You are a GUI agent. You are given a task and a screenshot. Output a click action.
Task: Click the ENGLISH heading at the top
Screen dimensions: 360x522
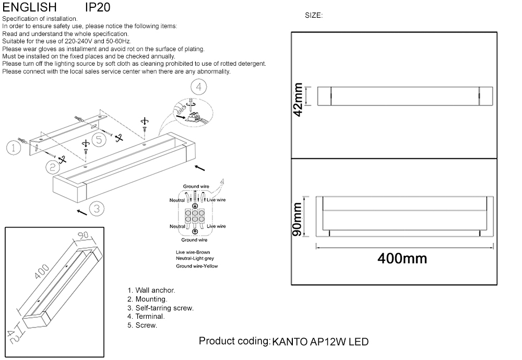(30, 7)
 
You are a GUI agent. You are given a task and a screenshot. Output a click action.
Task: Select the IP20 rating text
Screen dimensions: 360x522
(97, 7)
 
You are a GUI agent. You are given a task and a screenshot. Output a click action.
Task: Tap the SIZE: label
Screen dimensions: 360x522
(314, 16)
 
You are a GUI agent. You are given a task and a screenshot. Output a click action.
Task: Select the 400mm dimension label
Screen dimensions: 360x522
(402, 258)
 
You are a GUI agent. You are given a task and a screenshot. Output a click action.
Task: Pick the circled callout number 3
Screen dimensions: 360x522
(96, 209)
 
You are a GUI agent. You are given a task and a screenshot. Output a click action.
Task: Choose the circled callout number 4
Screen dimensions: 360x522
(199, 87)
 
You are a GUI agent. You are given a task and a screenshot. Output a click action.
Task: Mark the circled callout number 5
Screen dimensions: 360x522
(99, 139)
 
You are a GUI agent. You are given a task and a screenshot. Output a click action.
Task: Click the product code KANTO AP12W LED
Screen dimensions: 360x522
(321, 342)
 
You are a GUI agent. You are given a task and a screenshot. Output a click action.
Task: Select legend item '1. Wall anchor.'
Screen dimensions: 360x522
(151, 290)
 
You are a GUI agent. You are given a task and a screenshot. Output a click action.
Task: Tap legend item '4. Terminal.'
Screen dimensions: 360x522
(146, 316)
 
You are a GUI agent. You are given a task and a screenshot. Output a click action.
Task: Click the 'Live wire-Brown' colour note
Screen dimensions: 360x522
(193, 252)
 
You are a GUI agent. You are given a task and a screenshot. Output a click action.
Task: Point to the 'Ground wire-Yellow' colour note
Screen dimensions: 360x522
(197, 266)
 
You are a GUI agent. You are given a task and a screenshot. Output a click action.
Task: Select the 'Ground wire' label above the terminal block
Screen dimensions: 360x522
(196, 186)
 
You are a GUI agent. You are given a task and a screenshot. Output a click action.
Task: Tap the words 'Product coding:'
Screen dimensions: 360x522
(234, 341)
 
